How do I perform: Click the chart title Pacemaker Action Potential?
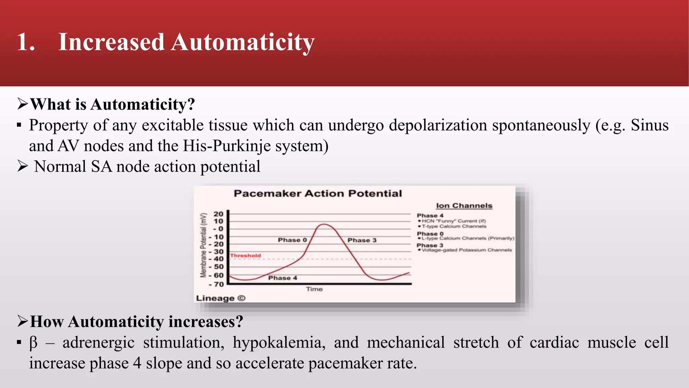coord(318,193)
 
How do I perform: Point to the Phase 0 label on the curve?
coord(292,240)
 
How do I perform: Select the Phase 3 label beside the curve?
coord(362,240)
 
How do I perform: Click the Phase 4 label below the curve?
coord(282,278)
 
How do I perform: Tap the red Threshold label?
coord(245,256)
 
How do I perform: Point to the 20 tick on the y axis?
coord(218,214)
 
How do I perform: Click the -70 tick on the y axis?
coord(216,284)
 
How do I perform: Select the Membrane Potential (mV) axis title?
coord(203,245)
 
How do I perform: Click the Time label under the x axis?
coord(314,289)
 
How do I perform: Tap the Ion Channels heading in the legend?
coord(464,205)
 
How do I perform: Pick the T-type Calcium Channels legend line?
coord(454,226)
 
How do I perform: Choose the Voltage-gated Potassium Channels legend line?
coord(466,250)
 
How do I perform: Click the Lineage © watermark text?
coord(221,298)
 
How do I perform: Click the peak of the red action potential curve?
coord(324,224)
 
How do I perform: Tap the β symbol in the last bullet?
coord(33,343)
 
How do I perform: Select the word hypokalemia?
coord(279,343)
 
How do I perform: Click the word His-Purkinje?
coord(227,146)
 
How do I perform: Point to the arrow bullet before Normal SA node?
coord(22,166)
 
